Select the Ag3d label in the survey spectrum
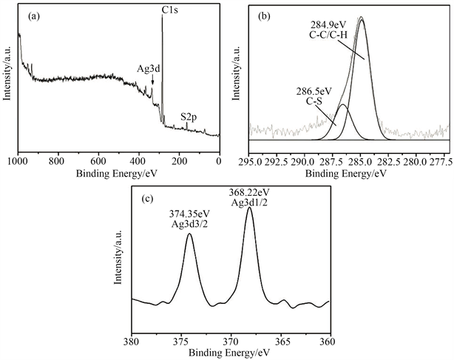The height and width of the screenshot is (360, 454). pyautogui.click(x=149, y=68)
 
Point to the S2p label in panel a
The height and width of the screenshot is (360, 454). pyautogui.click(x=190, y=116)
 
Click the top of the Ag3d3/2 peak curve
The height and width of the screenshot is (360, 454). pyautogui.click(x=190, y=235)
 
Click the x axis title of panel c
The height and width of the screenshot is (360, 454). pyautogui.click(x=229, y=353)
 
